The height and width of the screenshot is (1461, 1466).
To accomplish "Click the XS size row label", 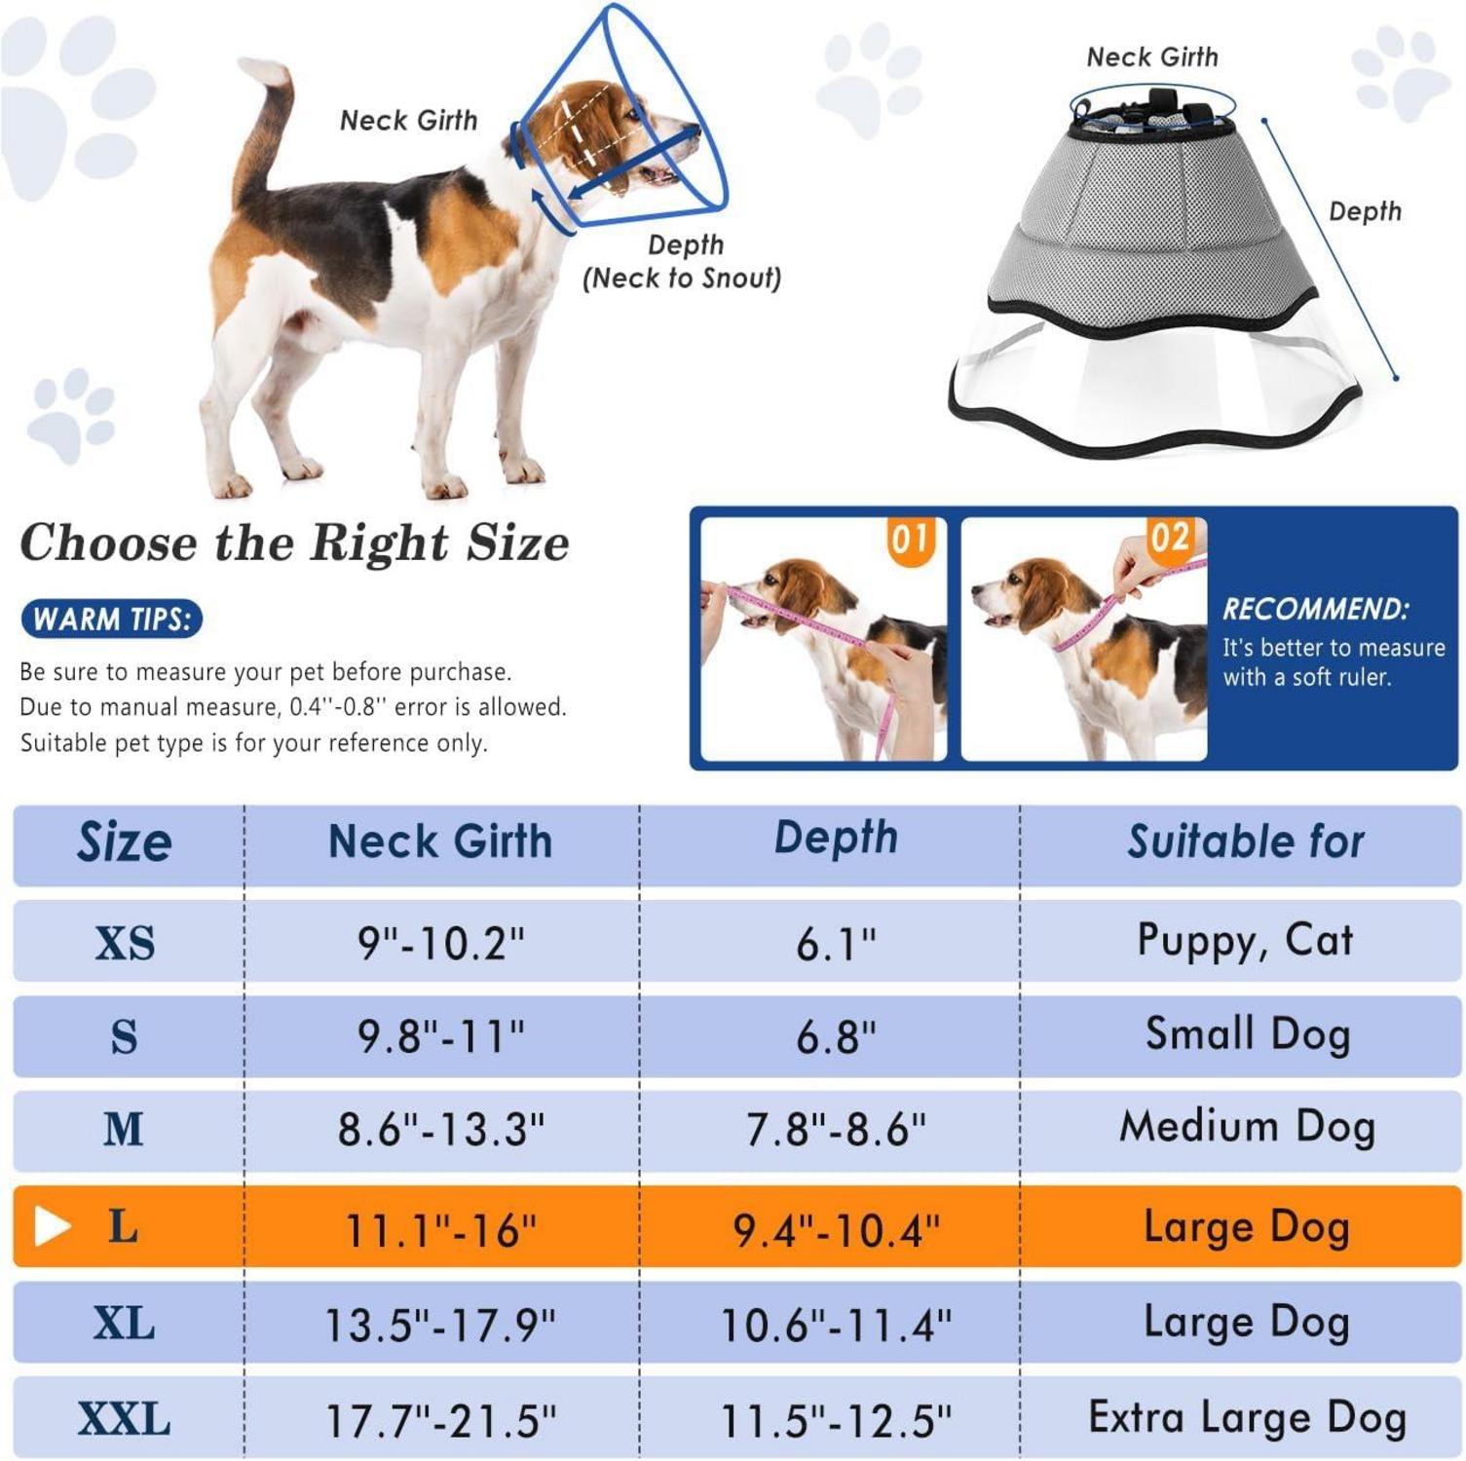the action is pos(125,943).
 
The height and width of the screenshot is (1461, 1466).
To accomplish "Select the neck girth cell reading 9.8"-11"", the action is pos(441,1035).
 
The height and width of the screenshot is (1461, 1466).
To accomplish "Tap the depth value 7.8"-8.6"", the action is pos(836,1129).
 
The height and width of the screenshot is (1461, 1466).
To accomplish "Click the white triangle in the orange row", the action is pos(52,1226).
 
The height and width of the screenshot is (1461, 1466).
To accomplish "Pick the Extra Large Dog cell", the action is pos(1247,1418).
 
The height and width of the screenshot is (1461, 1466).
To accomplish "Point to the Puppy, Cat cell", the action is pos(1245,941).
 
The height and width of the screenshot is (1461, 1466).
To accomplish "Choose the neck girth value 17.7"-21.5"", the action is pos(440,1420).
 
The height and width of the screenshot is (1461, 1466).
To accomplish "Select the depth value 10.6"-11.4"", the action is pos(836,1325).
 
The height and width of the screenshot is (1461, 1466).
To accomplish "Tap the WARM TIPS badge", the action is pos(111,619).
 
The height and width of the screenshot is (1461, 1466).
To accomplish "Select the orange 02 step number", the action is pos(1170,538).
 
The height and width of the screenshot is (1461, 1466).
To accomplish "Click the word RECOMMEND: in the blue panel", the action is pos(1315,609).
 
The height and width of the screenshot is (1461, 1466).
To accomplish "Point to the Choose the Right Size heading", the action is pos(294,543).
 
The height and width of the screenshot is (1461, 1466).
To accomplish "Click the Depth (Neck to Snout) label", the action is pos(682,261).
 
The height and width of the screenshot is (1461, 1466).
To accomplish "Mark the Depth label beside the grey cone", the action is pos(1365,211).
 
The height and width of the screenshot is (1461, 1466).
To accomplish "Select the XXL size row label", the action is pos(125,1419).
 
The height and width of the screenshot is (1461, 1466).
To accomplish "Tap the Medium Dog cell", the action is pos(1247,1127).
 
